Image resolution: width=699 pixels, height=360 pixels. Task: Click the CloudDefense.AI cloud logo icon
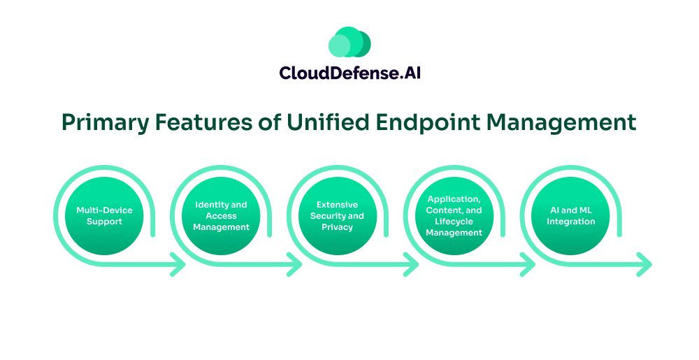(349, 43)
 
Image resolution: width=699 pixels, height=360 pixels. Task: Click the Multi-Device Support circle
(104, 216)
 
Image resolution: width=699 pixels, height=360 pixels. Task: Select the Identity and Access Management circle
(221, 216)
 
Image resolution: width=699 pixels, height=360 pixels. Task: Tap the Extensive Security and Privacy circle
(338, 216)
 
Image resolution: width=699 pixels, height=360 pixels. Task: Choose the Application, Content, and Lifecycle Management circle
(454, 216)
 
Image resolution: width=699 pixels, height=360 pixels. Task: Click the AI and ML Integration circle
(571, 216)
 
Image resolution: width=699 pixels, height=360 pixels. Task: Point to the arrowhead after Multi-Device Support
(178, 265)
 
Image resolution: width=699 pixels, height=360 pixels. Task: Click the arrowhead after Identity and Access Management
(295, 265)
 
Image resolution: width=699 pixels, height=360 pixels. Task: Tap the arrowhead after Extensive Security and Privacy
(412, 265)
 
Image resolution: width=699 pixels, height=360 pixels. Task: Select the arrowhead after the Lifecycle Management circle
(528, 265)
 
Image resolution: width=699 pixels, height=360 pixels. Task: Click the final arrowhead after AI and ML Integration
(644, 265)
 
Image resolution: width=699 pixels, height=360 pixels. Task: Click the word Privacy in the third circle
(338, 228)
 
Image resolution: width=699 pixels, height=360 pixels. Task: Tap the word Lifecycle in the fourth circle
(454, 222)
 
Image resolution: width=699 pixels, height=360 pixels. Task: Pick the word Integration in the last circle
(571, 222)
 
